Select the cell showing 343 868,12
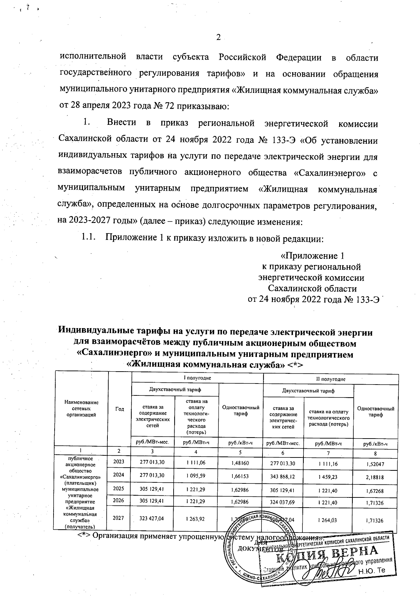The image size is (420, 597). pos(282,475)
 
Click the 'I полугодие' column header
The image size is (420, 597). pos(197,379)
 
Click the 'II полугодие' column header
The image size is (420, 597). pos(331,379)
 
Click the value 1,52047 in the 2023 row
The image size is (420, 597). pos(374,464)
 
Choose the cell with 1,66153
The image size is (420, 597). pos(240,475)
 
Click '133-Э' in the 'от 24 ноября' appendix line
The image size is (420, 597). pos(366,299)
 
